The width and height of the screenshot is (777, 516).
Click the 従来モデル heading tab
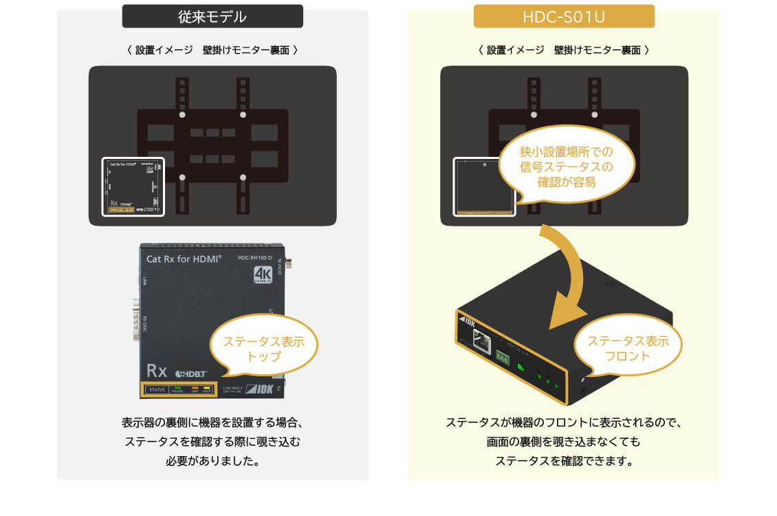coord(212,17)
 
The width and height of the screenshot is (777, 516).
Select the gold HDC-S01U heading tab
coord(564,17)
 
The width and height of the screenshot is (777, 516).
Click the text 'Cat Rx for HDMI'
coord(184,259)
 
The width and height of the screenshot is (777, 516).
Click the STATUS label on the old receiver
coord(157,389)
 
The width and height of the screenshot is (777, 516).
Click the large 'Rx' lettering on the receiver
coord(157,371)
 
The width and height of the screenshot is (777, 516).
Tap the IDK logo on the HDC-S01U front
coord(468,321)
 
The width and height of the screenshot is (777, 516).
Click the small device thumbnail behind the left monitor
coord(133,186)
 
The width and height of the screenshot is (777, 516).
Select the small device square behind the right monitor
coord(485,186)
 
